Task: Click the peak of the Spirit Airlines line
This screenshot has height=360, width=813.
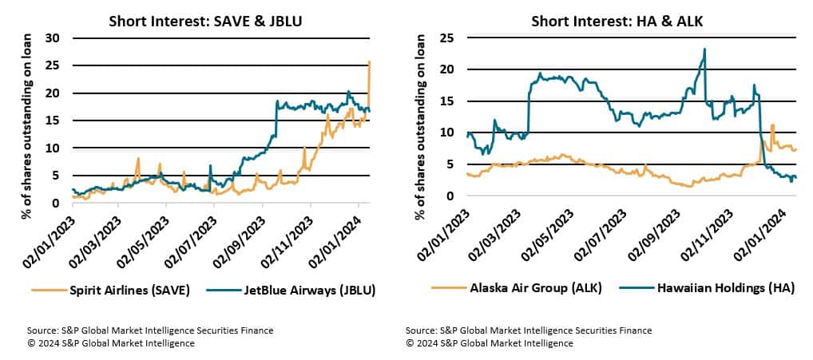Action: pyautogui.click(x=369, y=61)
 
